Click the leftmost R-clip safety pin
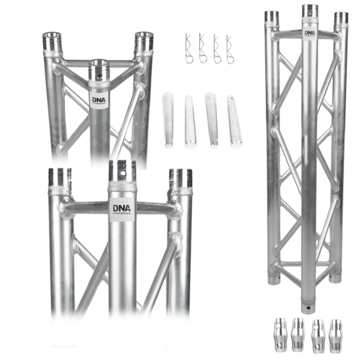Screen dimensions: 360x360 pyautogui.click(x=188, y=48)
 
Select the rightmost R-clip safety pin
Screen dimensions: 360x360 pyautogui.click(x=230, y=49)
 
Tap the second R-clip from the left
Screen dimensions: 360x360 pyautogui.click(x=203, y=49)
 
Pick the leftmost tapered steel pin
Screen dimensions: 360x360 pyautogui.click(x=168, y=120)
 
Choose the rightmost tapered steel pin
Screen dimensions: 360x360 pyautogui.click(x=234, y=121)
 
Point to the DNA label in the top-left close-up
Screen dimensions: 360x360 pyautogui.click(x=98, y=100)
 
